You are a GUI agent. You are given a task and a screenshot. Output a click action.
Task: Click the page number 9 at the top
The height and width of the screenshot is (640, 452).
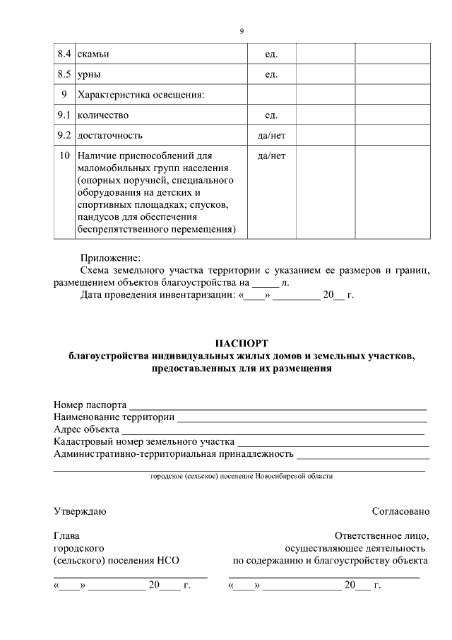point(242,31)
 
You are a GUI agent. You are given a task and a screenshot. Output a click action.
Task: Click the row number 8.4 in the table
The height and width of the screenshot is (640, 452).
point(64,54)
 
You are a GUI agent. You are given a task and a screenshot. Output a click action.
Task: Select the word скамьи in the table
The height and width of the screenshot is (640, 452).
point(93,54)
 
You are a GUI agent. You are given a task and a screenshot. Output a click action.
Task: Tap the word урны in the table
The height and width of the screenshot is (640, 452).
point(90,74)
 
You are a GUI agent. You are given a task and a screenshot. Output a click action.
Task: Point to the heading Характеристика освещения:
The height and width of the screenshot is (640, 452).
point(141,95)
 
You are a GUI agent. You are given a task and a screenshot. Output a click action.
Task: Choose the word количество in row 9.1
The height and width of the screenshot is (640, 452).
point(103,115)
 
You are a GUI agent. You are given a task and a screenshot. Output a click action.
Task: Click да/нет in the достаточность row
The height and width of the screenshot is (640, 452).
point(271,135)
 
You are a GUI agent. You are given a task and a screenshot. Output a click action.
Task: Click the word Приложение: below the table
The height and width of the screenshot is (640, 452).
point(110,257)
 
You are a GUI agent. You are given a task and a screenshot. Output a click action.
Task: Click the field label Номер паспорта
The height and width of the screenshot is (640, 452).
point(90,405)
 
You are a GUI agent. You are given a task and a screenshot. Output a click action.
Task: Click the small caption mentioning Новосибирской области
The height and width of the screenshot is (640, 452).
point(242,477)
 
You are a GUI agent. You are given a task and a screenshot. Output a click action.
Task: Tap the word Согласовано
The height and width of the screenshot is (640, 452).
point(400,511)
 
